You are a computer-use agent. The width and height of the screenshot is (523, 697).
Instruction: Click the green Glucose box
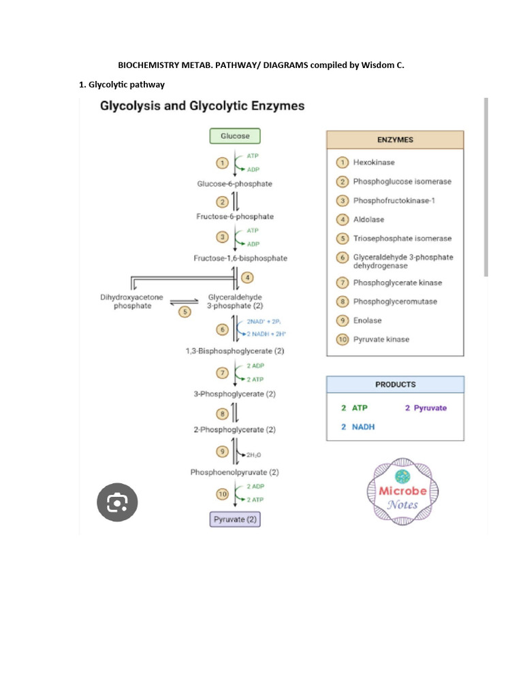tap(235, 136)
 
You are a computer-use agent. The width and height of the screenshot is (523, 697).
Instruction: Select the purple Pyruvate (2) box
tap(235, 519)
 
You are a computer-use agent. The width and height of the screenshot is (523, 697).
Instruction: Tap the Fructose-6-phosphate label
tap(235, 216)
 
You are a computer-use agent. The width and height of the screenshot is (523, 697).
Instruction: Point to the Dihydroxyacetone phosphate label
tap(131, 302)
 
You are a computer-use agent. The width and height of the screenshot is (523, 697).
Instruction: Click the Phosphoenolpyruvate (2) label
tap(235, 472)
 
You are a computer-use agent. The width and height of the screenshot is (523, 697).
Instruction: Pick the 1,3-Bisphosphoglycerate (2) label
tap(235, 351)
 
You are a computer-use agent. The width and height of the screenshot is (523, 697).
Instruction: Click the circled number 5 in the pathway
tap(184, 312)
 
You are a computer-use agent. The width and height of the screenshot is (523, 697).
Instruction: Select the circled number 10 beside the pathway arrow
tap(221, 493)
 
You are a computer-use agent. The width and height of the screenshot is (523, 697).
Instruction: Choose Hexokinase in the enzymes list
tap(373, 162)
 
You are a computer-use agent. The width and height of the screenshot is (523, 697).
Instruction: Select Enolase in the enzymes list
tap(367, 321)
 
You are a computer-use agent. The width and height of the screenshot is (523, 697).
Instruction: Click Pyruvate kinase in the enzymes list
tap(381, 339)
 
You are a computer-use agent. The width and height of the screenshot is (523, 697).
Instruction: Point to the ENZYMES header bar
tap(395, 140)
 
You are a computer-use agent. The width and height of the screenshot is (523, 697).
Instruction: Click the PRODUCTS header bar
tap(395, 385)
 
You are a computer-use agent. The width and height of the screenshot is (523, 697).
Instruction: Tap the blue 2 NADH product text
tap(358, 427)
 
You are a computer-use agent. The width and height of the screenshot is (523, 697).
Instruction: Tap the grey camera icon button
tap(117, 503)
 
